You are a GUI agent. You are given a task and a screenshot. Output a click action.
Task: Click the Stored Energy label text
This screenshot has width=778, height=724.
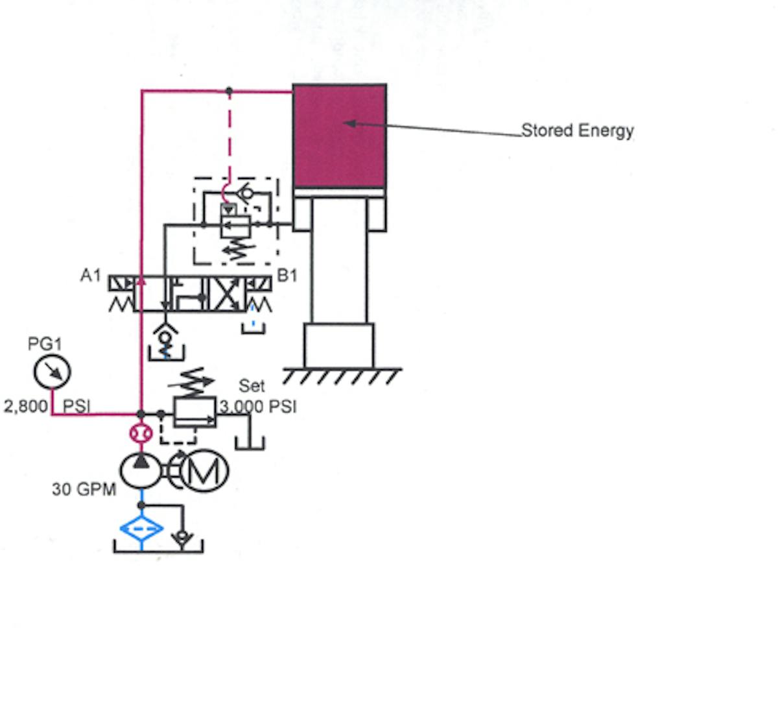[577, 130]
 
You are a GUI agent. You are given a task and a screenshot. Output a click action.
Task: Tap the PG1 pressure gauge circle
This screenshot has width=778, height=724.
[52, 372]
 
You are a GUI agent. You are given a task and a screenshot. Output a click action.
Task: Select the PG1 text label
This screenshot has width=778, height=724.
[45, 344]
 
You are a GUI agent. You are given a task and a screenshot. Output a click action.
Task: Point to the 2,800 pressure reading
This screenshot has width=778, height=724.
[26, 407]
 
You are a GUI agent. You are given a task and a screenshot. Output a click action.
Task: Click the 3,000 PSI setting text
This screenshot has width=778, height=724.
[258, 407]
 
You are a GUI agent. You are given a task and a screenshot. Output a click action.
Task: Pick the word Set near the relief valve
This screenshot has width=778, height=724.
[252, 386]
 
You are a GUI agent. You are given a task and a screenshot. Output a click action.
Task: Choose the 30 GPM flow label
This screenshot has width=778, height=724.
[84, 489]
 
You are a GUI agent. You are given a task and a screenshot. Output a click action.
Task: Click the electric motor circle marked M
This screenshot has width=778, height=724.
[204, 470]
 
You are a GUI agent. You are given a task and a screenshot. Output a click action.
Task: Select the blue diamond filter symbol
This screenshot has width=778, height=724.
[141, 529]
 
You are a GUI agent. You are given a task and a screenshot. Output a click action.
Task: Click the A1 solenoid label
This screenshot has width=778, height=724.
[91, 276]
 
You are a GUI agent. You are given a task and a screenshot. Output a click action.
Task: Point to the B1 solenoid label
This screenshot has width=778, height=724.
[287, 276]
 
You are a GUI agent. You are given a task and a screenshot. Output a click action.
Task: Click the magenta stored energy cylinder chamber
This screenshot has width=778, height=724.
[340, 136]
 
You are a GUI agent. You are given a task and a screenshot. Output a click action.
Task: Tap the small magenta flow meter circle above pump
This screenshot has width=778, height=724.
[141, 433]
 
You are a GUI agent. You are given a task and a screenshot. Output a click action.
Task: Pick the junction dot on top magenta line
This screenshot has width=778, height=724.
[229, 91]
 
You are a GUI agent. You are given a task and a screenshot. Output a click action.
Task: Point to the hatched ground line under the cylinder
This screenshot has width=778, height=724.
[342, 375]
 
